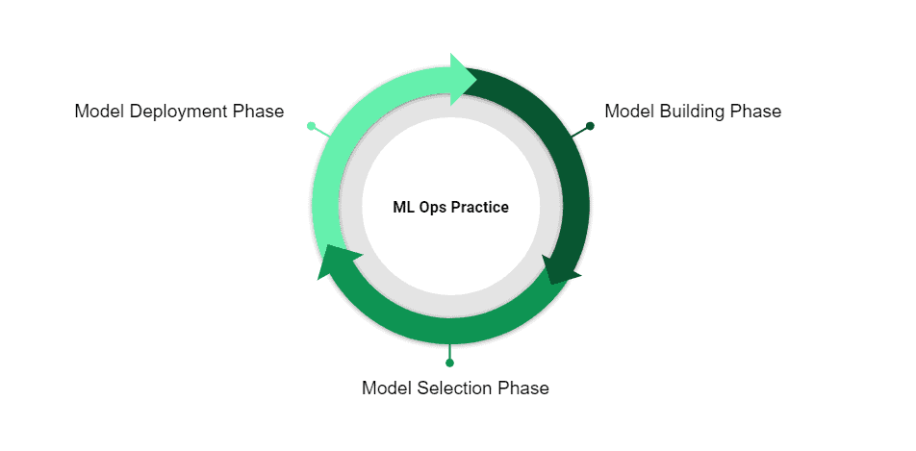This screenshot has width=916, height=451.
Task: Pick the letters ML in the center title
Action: (403, 207)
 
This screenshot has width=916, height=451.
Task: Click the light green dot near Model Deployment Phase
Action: (311, 126)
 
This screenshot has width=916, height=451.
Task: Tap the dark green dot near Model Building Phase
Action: (590, 126)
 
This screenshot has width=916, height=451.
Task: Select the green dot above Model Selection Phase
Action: (449, 363)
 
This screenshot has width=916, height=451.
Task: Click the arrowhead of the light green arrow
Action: (464, 74)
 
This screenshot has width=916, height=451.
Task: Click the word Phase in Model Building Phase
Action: (755, 112)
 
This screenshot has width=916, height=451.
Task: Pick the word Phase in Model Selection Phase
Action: (523, 388)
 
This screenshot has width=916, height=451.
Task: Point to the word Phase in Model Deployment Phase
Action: (259, 112)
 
